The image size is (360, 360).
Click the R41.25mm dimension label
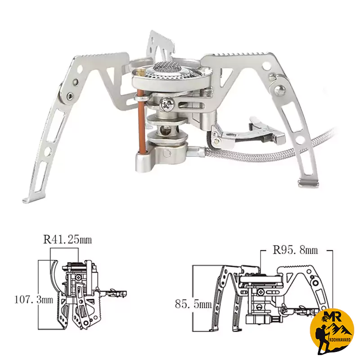coord(67,239)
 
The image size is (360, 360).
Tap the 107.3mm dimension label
coord(34,300)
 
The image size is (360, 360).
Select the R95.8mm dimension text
coord(296,250)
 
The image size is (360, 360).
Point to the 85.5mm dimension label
coord(193,304)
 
